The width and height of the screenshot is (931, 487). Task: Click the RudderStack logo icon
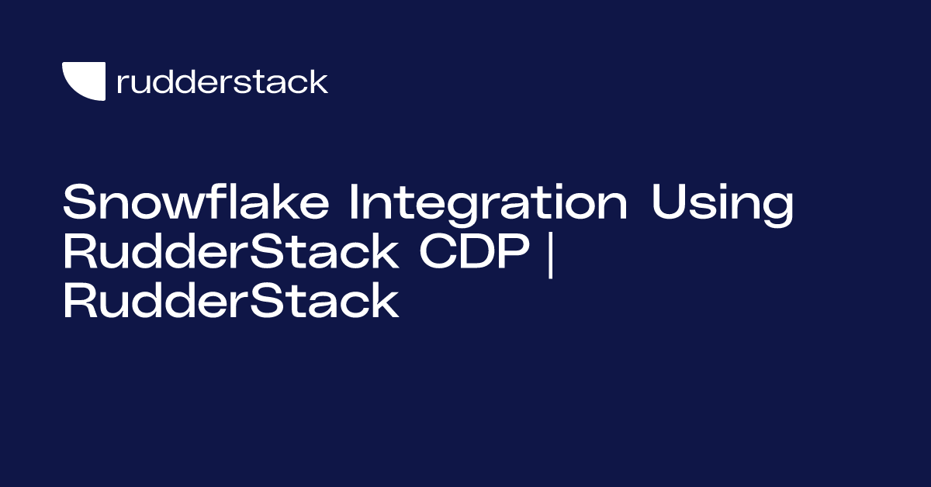[x=84, y=81]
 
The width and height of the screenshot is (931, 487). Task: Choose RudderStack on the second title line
[x=230, y=254]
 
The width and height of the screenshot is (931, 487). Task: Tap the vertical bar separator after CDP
[x=551, y=254]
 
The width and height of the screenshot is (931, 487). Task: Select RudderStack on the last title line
[x=230, y=302]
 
